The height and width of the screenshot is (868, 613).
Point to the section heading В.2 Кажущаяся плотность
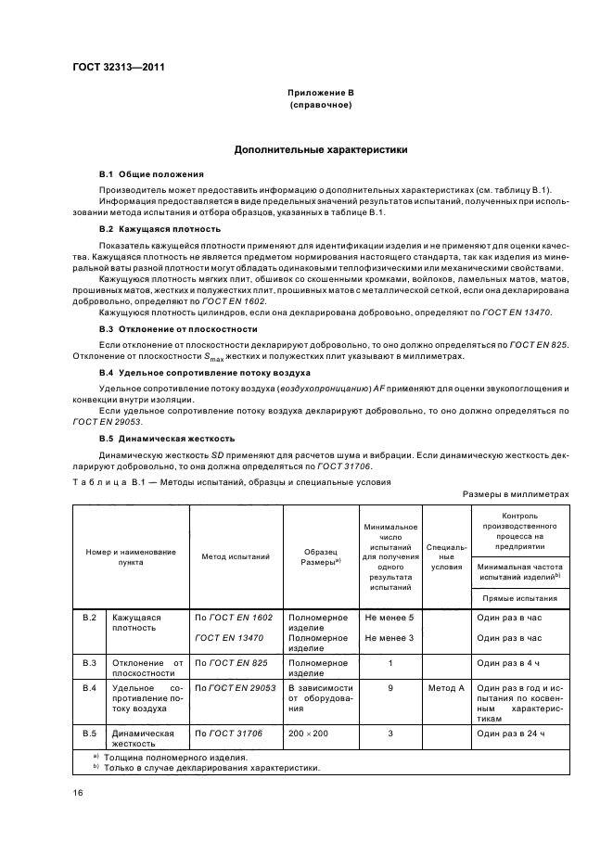[x=160, y=228]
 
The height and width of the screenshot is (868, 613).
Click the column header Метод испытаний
[x=236, y=556]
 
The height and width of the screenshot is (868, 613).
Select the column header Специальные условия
[x=446, y=556]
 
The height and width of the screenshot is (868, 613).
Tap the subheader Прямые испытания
[x=520, y=599]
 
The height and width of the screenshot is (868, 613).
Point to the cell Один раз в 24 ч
[x=510, y=734]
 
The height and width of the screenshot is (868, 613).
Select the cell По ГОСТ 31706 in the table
[x=227, y=734]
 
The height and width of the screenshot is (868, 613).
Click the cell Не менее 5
[x=390, y=618]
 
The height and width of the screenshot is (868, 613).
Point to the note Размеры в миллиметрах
[x=517, y=494]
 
